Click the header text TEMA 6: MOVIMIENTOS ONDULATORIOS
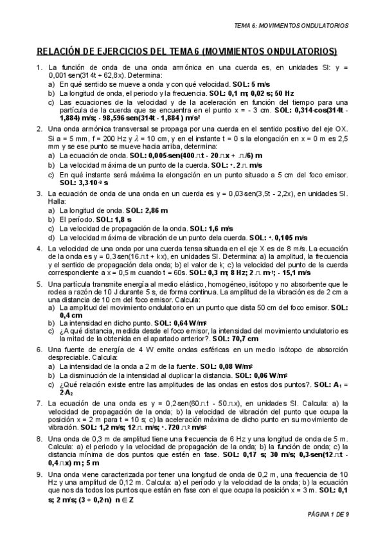pos(292,26)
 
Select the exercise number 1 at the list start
pos(40,67)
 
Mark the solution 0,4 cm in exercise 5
pos(71,315)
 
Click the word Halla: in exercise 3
pos(57,201)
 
